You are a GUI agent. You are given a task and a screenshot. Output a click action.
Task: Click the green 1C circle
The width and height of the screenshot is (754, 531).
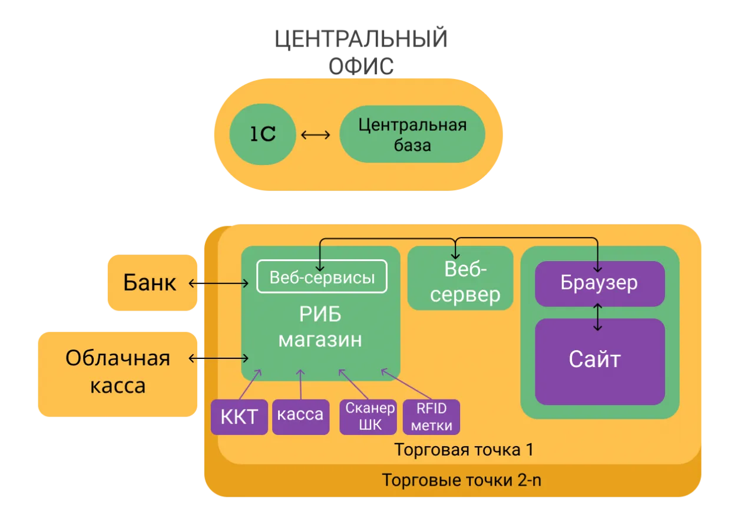pos(262,135)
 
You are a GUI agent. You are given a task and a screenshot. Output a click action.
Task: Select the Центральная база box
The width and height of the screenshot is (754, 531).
pos(412,134)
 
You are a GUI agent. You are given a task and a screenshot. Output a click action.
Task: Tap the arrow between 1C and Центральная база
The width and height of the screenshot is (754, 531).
pos(316,135)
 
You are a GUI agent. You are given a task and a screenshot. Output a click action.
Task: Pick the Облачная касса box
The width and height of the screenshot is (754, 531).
pos(118,372)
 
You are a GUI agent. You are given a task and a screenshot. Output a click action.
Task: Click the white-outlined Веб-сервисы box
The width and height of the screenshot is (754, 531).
pos(322,276)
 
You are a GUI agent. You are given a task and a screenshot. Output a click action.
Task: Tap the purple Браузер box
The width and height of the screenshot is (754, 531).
pos(599,283)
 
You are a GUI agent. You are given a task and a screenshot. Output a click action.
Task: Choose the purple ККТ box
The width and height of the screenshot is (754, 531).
pos(239,417)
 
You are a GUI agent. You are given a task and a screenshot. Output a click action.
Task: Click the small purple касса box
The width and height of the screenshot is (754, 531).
pos(300,415)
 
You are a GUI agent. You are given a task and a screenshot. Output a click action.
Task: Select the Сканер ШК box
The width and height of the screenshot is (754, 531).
pos(370,417)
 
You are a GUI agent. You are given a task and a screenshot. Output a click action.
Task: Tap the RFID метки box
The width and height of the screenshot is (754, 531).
pos(432,417)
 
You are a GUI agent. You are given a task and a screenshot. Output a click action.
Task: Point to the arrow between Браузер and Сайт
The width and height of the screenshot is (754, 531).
pos(599,317)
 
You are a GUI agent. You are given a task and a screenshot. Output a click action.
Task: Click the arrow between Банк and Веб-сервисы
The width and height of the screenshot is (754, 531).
pos(219,284)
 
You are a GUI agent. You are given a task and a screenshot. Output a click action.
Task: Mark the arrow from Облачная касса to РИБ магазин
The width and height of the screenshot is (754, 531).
pos(219,358)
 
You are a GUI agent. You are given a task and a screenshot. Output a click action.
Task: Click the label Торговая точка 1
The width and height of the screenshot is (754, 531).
pos(464,450)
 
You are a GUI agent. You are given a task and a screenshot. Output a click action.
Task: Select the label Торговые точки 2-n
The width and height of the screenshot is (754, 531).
pos(461,480)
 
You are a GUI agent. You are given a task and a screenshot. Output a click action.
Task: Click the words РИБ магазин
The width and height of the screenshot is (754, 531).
pos(320,328)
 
